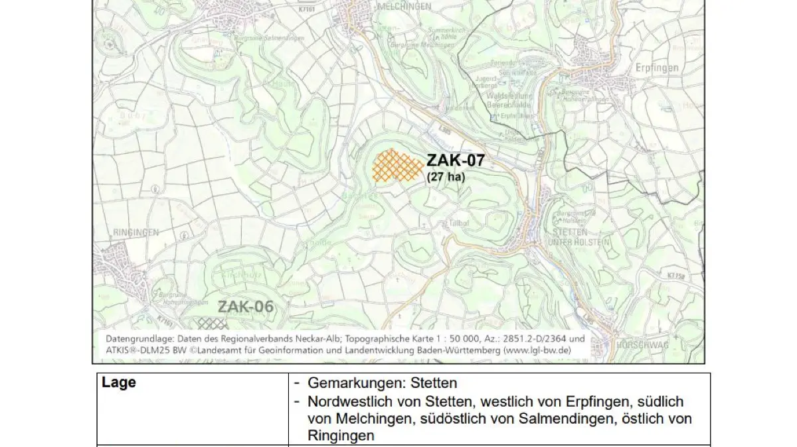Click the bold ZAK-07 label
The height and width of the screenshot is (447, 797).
point(455,160)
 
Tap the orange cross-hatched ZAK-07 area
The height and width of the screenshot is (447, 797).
point(397,166)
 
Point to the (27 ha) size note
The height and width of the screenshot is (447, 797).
point(446,177)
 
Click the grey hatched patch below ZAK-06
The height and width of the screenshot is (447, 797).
point(213,323)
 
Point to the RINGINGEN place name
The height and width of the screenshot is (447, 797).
point(136,233)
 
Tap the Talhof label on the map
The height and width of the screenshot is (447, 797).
point(460,223)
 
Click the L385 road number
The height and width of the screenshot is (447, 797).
point(445,131)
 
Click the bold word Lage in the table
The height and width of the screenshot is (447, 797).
point(119,383)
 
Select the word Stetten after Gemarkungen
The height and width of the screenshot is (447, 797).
point(434,383)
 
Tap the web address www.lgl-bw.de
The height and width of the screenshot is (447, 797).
point(545,350)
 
